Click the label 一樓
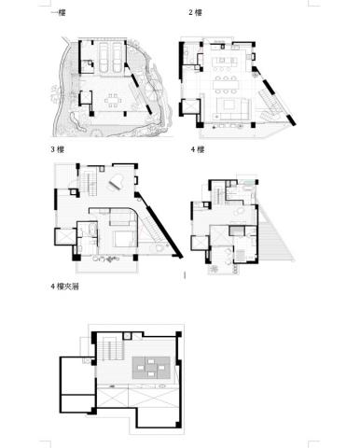pyautogui.click(x=58, y=13)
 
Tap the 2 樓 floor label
pyautogui.click(x=196, y=13)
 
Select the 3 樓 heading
pyautogui.click(x=58, y=149)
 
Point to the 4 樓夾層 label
pyautogui.click(x=64, y=287)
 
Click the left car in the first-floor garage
pyautogui.click(x=104, y=57)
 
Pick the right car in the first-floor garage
pyautogui.click(x=117, y=57)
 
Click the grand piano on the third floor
pyautogui.click(x=116, y=183)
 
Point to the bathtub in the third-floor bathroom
pyautogui.click(x=92, y=230)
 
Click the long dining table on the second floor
pyautogui.click(x=226, y=85)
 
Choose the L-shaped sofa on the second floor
pyautogui.click(x=233, y=109)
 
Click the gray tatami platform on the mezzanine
pyautogui.click(x=151, y=368)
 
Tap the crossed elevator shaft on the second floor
pyautogui.click(x=190, y=107)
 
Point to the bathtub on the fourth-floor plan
pyautogui.click(x=249, y=188)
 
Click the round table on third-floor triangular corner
pyautogui.click(x=159, y=248)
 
